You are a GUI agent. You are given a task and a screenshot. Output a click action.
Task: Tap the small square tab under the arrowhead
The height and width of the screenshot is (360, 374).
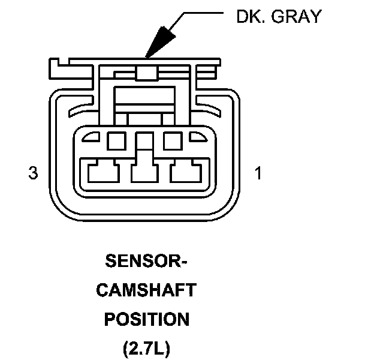146,73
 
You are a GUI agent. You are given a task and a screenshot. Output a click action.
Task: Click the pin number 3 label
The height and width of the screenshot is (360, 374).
34,173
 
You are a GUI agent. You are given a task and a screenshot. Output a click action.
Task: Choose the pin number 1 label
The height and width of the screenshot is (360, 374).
258,173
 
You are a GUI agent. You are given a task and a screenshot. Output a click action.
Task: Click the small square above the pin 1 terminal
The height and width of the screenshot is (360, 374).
173,141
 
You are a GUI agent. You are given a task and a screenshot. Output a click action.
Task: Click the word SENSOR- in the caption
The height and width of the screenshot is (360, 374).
146,262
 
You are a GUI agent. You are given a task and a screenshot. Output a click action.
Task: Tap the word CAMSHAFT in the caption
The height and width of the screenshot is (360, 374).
146,290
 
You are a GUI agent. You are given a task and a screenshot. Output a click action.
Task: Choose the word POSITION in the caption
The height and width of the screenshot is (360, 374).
146,319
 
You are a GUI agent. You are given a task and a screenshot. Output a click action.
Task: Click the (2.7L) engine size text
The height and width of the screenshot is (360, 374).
146,348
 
